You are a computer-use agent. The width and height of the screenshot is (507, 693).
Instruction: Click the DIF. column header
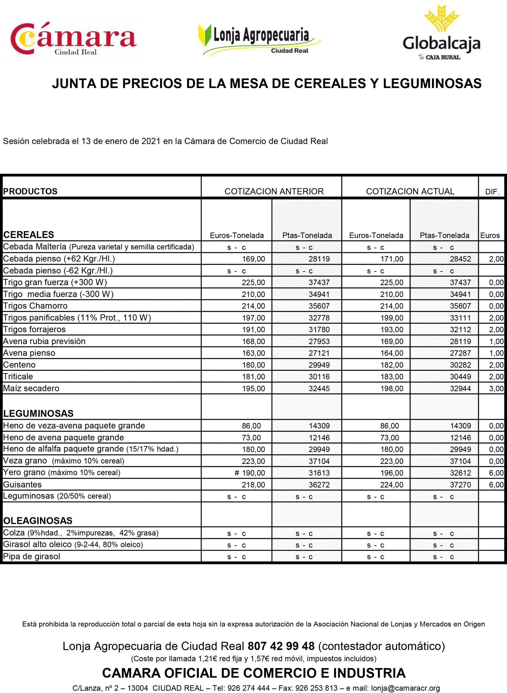(492, 192)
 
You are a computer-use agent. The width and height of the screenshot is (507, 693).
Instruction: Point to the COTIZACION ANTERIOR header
(274, 191)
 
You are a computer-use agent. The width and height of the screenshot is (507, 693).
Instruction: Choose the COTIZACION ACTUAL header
(410, 191)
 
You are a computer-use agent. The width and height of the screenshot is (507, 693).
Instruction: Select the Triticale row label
(18, 376)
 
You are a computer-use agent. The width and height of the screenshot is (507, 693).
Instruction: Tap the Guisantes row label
(22, 484)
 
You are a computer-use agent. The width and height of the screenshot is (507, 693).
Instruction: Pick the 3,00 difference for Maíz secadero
(496, 388)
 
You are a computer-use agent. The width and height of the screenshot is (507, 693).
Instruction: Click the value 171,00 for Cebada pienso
(392, 259)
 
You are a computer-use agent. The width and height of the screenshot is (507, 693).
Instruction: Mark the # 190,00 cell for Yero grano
(249, 473)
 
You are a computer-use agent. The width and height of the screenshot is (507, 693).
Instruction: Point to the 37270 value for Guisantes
(460, 485)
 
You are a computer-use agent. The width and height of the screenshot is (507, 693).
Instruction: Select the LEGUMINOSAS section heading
(38, 413)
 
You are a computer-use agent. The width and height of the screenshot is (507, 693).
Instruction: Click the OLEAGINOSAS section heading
(38, 521)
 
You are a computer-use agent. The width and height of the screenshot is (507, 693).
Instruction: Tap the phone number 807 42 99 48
(281, 646)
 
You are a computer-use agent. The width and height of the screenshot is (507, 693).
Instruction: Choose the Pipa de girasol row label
(31, 557)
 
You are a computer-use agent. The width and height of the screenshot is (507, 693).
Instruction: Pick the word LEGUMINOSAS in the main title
(432, 83)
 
